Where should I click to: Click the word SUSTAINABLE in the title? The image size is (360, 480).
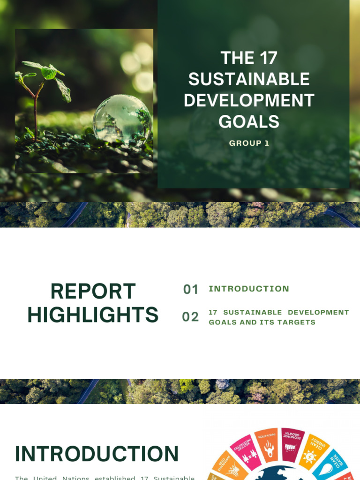(x=249, y=79)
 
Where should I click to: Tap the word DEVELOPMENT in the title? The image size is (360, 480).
(x=249, y=100)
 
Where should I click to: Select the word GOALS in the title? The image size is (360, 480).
(x=249, y=121)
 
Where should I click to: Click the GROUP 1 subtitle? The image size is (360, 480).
(x=249, y=143)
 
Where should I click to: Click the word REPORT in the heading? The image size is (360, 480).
(x=93, y=291)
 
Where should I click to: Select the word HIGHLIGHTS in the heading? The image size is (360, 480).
(x=93, y=315)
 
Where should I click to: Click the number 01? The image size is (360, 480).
(x=191, y=290)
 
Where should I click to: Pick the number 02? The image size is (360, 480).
(x=191, y=317)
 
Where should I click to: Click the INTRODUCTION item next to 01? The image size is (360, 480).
(x=249, y=289)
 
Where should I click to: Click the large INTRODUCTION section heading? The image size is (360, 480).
(x=97, y=454)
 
